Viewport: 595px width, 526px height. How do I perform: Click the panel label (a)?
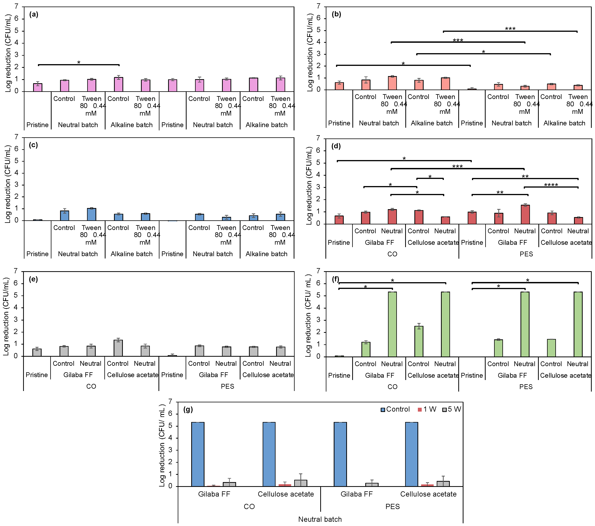pyautogui.click(x=34, y=15)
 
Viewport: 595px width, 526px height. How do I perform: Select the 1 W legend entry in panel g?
pyautogui.click(x=427, y=409)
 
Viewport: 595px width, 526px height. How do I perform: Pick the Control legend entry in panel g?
pyautogui.click(x=395, y=409)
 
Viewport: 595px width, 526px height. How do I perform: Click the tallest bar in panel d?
pyautogui.click(x=525, y=214)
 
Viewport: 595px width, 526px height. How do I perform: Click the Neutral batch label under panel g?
pyautogui.click(x=320, y=519)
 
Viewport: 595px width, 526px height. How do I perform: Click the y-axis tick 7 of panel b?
pyautogui.click(x=318, y=6)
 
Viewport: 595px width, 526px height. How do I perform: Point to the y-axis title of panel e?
pyautogui.click(x=6, y=317)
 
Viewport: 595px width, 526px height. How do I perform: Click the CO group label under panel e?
pyautogui.click(x=91, y=386)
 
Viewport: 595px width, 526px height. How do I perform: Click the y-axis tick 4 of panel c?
pyautogui.click(x=16, y=173)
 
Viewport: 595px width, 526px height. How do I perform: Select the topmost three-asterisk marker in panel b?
pyautogui.click(x=510, y=29)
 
